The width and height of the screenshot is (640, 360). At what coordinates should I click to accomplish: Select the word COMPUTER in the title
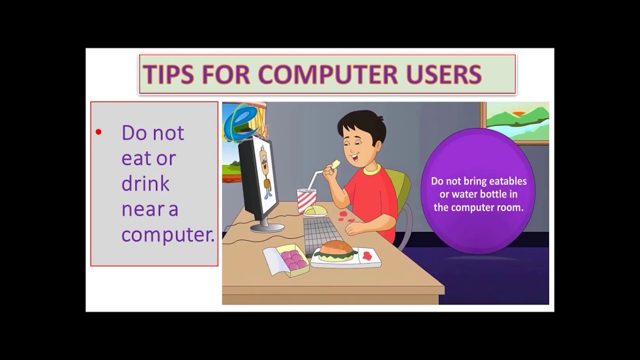coord(327,74)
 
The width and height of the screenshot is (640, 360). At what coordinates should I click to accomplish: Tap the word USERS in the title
coord(443,74)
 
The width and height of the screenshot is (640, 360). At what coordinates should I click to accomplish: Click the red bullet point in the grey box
coord(98,132)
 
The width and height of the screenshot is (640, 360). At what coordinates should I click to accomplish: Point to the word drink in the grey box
coord(145,183)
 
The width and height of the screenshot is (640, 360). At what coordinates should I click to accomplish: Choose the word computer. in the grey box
coord(167,234)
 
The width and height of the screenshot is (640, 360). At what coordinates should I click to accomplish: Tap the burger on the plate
coord(336,250)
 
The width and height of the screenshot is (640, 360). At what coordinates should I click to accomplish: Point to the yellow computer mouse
coord(315,210)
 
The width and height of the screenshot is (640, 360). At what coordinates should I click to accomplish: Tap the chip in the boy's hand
coord(335,164)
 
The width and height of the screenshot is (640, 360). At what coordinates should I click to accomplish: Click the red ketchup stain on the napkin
coord(367,255)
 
